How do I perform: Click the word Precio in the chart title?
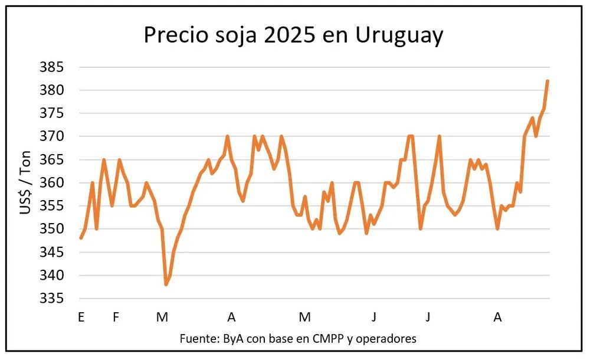coord(176,35)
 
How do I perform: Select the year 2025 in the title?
coord(290,35)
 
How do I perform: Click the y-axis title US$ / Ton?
coord(25,182)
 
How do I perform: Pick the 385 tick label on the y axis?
coord(52,67)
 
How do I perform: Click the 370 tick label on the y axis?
coord(52,136)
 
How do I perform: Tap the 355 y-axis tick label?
coord(52,205)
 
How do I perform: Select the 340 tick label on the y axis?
coord(52,275)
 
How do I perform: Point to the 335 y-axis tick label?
coord(52,298)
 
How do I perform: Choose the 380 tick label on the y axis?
coord(52,90)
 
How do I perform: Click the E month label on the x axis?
coord(81,317)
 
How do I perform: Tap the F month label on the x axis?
coord(116,317)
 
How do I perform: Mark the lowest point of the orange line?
coord(166,284)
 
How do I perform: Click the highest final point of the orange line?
coord(548,81)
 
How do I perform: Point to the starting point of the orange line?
coord(81,238)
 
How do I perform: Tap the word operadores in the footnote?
coord(386,339)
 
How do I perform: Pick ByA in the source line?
coord(233,339)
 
